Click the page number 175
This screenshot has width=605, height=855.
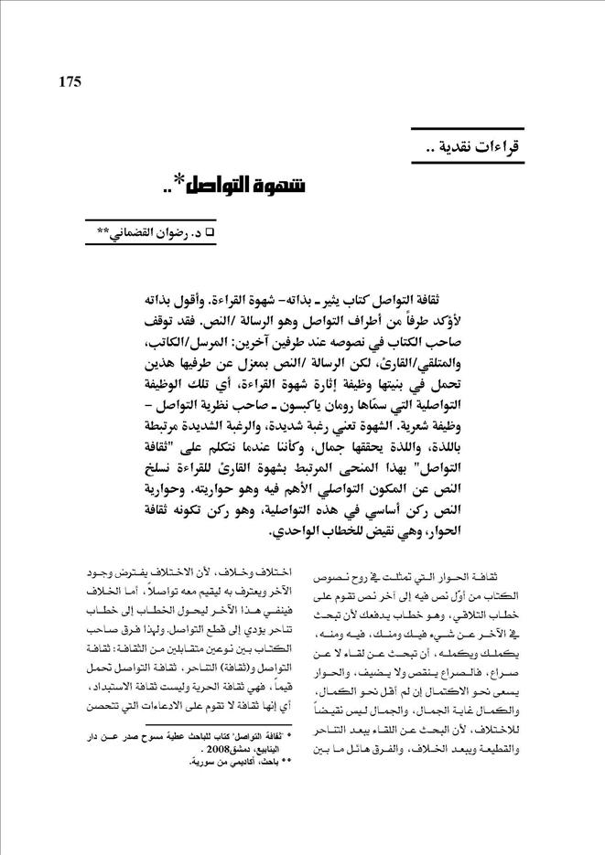[70, 81]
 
